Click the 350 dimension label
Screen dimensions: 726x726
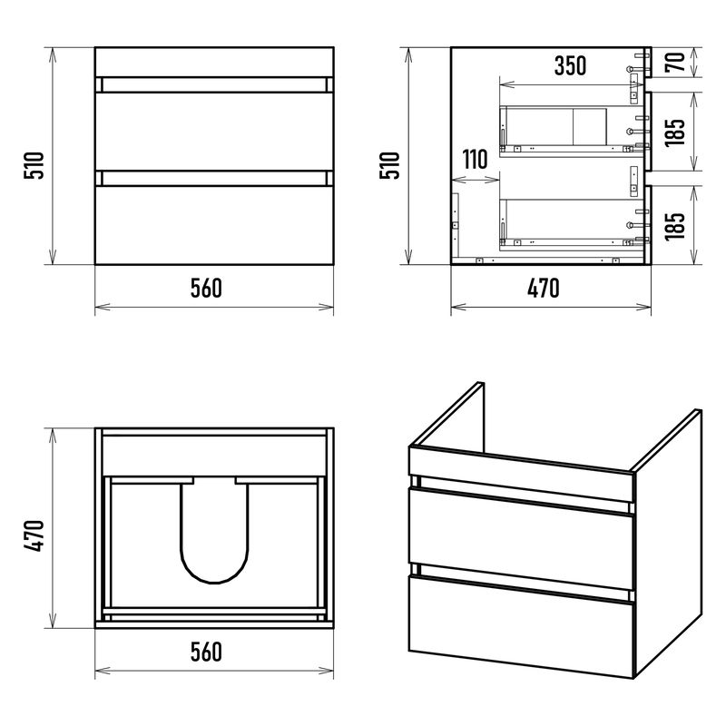pyautogui.click(x=570, y=65)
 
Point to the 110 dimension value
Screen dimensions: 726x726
pyautogui.click(x=475, y=160)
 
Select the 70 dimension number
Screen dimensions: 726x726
pyautogui.click(x=674, y=62)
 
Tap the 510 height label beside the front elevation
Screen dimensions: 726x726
pyautogui.click(x=34, y=165)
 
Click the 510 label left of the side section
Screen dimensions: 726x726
pyautogui.click(x=390, y=165)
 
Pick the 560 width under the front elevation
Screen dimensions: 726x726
pyautogui.click(x=206, y=288)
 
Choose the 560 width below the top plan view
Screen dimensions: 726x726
pyautogui.click(x=206, y=652)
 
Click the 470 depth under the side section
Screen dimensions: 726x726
pyautogui.click(x=543, y=288)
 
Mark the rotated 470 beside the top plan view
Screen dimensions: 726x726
pyautogui.click(x=34, y=535)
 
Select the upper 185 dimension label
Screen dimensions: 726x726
pyautogui.click(x=674, y=132)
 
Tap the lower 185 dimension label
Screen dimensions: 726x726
pyautogui.click(x=674, y=226)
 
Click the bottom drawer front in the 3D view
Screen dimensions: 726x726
pyautogui.click(x=521, y=626)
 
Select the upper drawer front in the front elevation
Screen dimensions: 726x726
pyautogui.click(x=214, y=132)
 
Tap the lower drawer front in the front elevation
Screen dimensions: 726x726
pyautogui.click(x=214, y=225)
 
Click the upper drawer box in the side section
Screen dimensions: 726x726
pyautogui.click(x=572, y=132)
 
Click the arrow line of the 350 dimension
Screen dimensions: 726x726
pyautogui.click(x=572, y=84)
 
